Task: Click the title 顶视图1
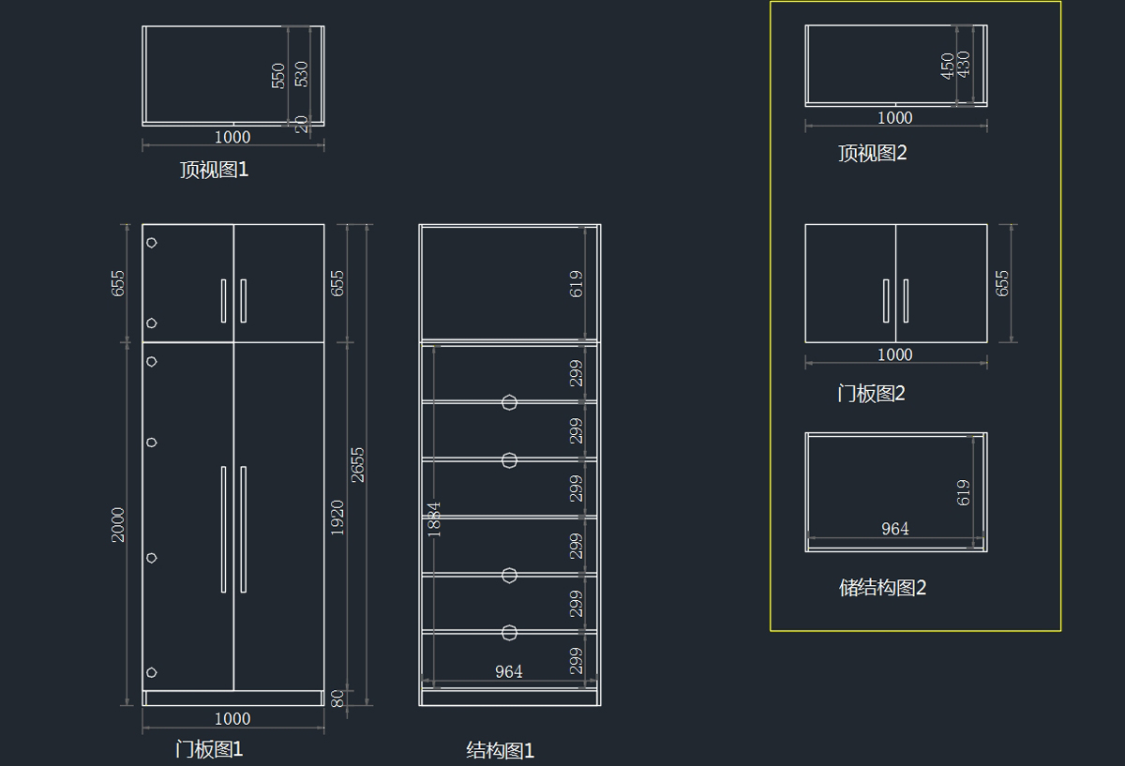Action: click(215, 170)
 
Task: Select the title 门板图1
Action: click(209, 749)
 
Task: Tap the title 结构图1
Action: click(501, 750)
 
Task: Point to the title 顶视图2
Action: click(873, 153)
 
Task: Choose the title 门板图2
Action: click(871, 393)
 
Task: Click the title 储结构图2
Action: click(882, 587)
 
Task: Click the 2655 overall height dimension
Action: click(357, 465)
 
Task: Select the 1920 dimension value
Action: click(337, 518)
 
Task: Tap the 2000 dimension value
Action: click(118, 525)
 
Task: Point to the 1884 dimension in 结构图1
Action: click(434, 518)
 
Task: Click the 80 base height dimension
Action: click(337, 698)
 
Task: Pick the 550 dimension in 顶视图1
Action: click(278, 76)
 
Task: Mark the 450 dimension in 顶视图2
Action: click(948, 66)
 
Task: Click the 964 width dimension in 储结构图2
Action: click(895, 529)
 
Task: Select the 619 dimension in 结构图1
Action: click(576, 284)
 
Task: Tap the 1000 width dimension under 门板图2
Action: click(895, 354)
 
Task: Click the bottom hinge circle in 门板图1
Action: click(151, 672)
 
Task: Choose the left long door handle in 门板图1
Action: click(223, 530)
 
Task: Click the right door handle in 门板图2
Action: click(906, 301)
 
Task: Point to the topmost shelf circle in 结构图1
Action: click(509, 402)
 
